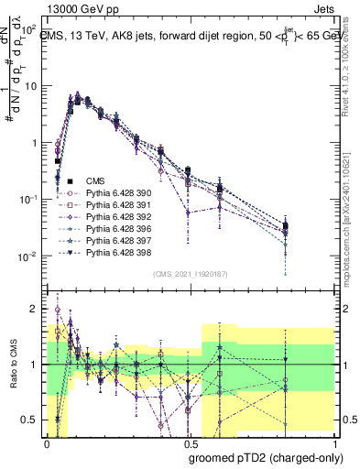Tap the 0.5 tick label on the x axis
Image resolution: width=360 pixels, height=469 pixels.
click(187, 442)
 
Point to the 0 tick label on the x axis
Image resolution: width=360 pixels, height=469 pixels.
click(47, 442)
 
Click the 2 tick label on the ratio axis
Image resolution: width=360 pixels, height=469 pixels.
click(33, 309)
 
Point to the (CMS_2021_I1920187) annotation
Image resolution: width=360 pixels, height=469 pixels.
click(190, 274)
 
